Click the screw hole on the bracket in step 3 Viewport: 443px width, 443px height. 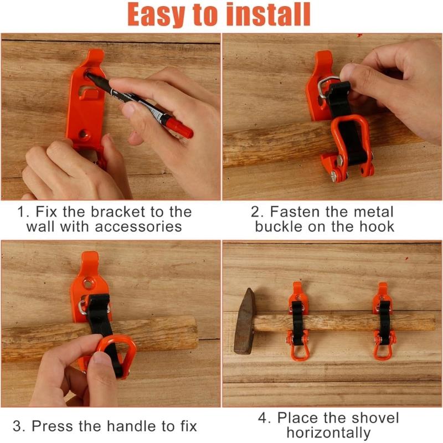[x=89, y=282]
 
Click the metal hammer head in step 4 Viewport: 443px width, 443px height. [x=244, y=322]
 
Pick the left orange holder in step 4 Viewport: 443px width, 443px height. [x=298, y=321]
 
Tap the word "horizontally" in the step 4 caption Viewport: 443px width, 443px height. [x=328, y=432]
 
